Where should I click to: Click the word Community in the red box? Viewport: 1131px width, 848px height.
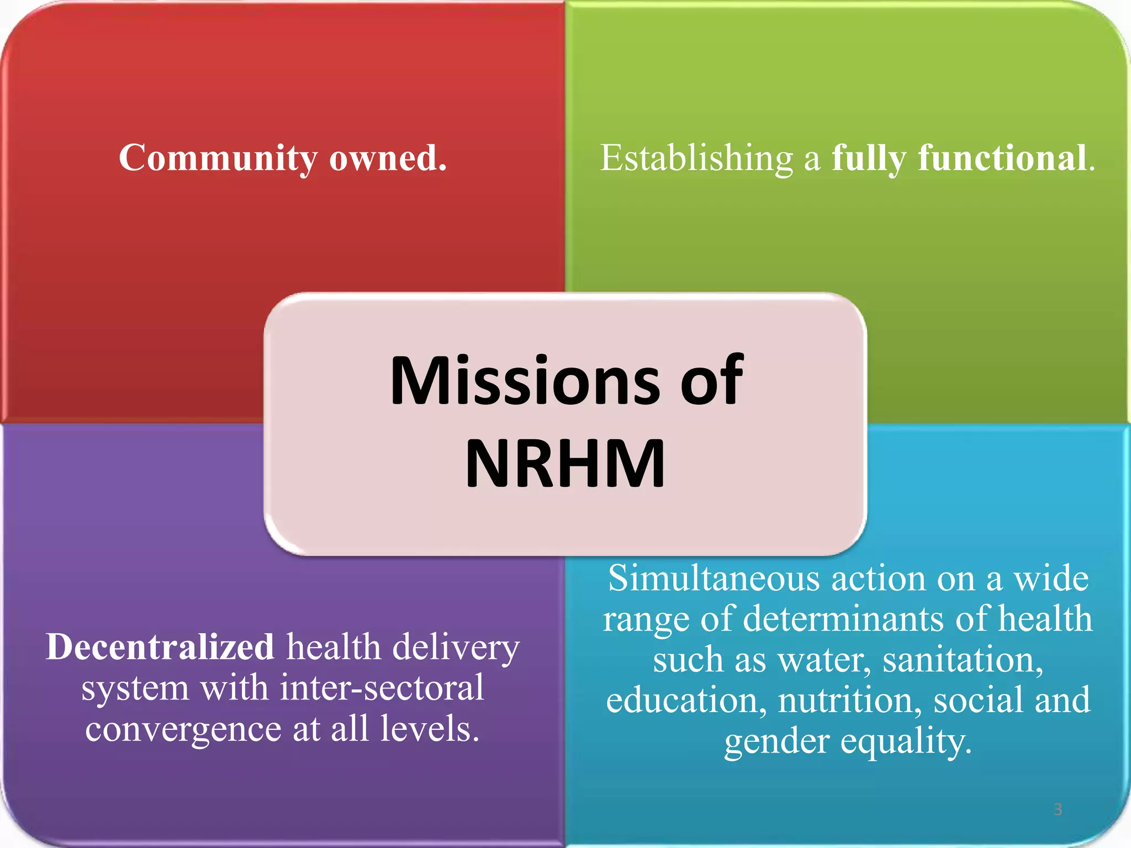click(218, 158)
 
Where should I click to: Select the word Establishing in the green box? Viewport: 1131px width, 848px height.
click(696, 158)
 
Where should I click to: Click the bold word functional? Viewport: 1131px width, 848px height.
click(1002, 158)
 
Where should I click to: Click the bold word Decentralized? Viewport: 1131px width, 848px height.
click(160, 646)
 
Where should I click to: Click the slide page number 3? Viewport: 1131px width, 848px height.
click(1058, 809)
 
